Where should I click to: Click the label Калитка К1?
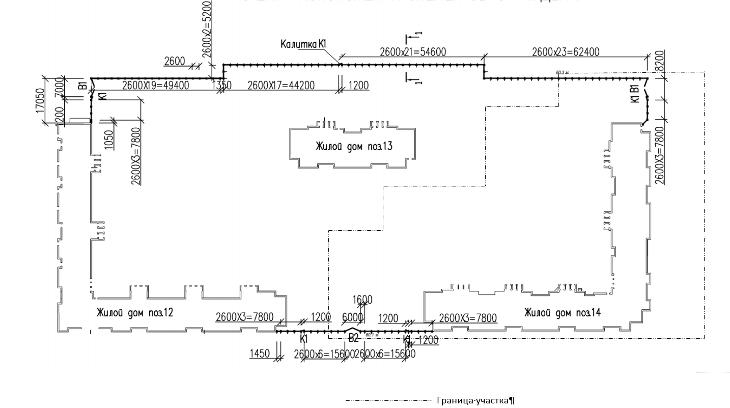tap(303, 44)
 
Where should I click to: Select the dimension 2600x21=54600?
tap(413, 51)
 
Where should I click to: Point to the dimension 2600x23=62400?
tap(566, 51)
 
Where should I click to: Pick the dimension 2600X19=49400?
tap(156, 85)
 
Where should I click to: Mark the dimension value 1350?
tap(221, 86)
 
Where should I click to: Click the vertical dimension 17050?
tap(40, 101)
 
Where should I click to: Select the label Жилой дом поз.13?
tap(354, 147)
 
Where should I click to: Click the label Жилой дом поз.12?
tap(135, 312)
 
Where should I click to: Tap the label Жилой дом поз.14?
tap(563, 312)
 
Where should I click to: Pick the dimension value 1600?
tap(362, 300)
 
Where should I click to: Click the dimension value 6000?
tap(353, 317)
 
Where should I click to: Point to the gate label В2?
tap(354, 337)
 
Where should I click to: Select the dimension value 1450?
tap(260, 353)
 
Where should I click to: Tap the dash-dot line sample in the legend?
tap(388, 401)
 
